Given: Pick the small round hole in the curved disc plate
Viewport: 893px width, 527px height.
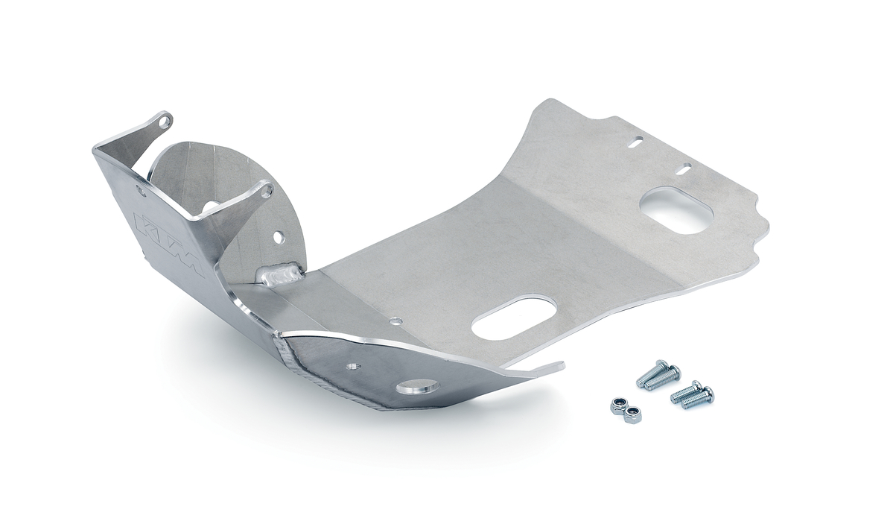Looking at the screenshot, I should pos(278,236).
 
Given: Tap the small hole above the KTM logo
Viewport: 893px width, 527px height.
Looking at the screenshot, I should pos(141,191).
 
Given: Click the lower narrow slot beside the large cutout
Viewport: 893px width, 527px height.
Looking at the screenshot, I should pos(684,169).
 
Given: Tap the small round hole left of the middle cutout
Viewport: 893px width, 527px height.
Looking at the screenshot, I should pos(395,321).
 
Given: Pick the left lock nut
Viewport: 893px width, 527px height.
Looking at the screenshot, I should pos(617,405).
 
